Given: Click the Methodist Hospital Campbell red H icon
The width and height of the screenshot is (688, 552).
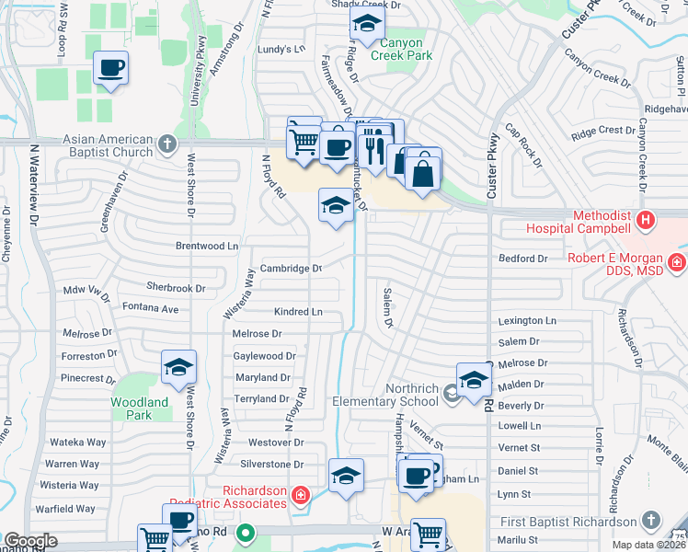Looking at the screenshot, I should click(x=646, y=221).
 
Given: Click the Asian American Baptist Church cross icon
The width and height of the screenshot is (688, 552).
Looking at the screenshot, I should click(x=166, y=144).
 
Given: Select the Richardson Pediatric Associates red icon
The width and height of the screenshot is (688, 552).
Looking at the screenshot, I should click(x=299, y=497).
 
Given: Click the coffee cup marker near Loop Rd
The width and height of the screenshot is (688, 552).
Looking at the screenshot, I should click(x=110, y=69).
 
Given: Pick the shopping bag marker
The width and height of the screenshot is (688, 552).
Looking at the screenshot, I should click(x=423, y=172).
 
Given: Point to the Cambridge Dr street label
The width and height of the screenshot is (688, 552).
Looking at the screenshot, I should click(x=291, y=269).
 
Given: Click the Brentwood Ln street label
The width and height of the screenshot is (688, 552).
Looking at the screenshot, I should click(x=207, y=247).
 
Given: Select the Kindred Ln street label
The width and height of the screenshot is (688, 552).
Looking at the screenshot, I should click(x=298, y=312).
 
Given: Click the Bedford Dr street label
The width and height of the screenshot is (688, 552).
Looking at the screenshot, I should click(x=522, y=259).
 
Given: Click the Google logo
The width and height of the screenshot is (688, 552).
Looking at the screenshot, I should click(x=30, y=541).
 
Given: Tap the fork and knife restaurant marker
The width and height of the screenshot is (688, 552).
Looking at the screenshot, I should click(x=373, y=145).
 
